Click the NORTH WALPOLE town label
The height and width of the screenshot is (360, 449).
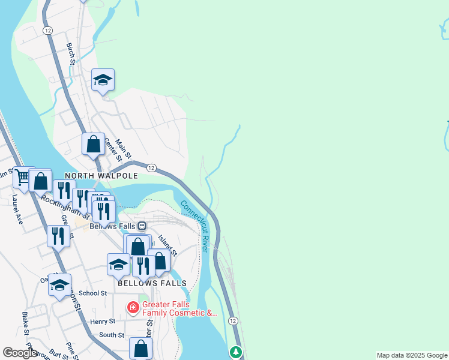pos(101,176)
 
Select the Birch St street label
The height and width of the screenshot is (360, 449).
pos(71,54)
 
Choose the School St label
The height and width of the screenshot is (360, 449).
pos(92,293)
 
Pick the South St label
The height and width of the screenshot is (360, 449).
pos(111,335)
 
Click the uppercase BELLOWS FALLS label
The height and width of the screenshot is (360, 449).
pos(152,283)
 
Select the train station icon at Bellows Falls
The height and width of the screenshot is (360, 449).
pos(142,226)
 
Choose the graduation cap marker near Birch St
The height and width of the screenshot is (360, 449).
pos(103,80)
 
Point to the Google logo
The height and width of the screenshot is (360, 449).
pos(19,353)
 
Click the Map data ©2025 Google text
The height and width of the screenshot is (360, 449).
pos(411,355)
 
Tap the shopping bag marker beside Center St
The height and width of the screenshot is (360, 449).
pos(93,145)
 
